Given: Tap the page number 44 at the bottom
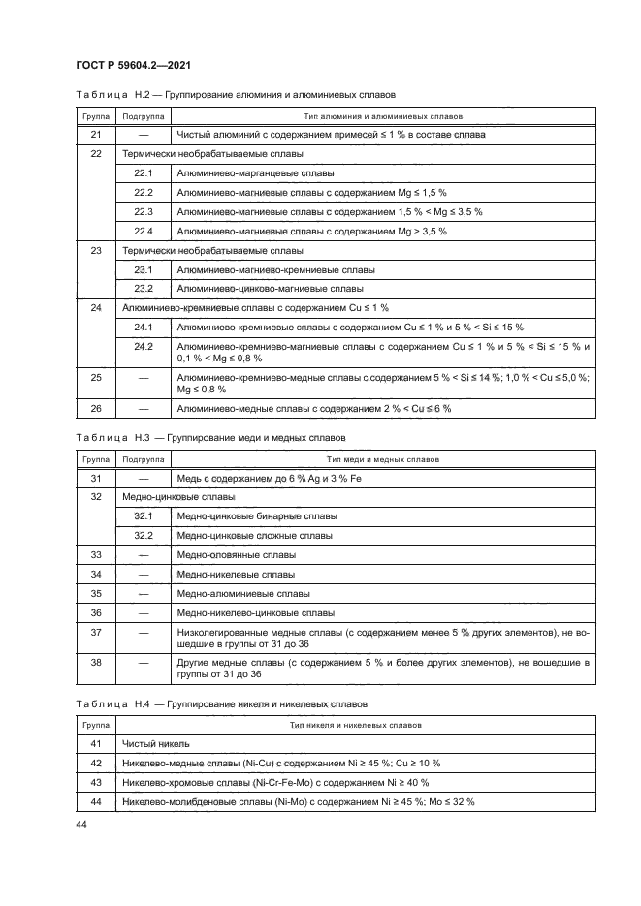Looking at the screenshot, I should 81,825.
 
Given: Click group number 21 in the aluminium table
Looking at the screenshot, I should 95,135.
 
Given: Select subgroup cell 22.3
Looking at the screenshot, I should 144,211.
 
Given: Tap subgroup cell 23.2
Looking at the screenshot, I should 144,288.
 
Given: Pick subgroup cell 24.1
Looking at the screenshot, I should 144,327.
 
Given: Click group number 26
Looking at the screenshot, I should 95,409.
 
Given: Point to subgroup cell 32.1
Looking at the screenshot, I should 144,515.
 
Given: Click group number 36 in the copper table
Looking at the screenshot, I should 95,613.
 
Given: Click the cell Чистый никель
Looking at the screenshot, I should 156,744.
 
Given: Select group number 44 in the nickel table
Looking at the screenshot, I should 95,802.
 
